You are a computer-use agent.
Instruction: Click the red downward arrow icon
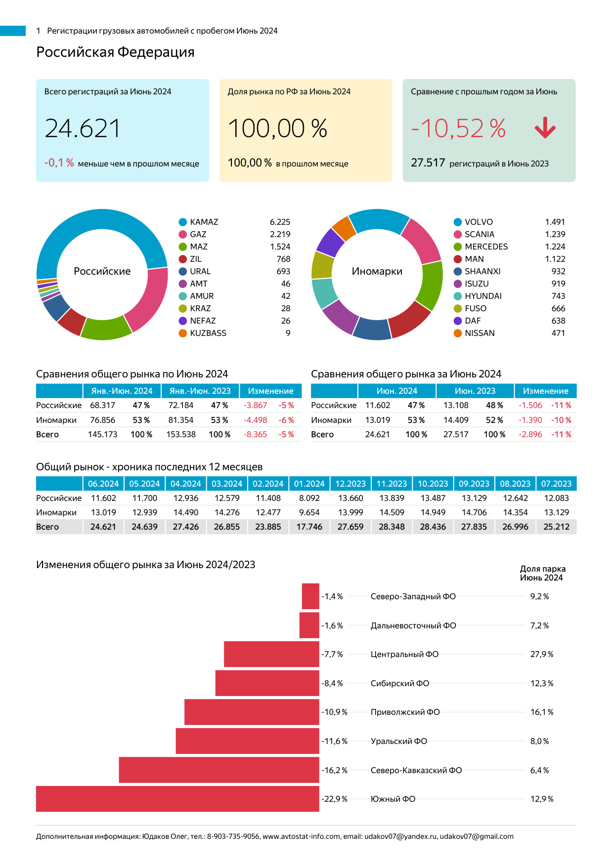pos(545,128)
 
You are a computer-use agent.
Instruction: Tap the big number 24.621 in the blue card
pos(83,128)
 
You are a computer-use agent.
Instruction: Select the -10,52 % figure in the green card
pos(458,128)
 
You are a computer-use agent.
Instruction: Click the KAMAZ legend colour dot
pos(183,222)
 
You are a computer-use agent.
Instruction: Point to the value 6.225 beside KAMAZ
pos(280,222)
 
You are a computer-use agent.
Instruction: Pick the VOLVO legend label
pos(479,222)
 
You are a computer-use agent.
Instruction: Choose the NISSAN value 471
pos(558,333)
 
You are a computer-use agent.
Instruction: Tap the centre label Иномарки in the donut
pos(377,271)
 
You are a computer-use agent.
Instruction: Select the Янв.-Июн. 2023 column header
pos(200,391)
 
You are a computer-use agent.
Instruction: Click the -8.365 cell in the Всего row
pos(255,435)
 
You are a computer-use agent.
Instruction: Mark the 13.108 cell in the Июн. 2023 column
pos(455,406)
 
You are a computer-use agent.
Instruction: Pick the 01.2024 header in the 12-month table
pos(309,484)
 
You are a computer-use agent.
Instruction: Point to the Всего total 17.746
pos(309,527)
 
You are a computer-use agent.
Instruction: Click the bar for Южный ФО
pos(177,799)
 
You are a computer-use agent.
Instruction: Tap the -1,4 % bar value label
pos(332,597)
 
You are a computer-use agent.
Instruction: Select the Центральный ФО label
pos(404,655)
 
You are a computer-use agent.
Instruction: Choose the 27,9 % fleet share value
pos(542,655)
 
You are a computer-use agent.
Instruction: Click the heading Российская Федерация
pos(115,52)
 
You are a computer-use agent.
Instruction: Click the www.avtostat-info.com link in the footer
pos(301,836)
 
